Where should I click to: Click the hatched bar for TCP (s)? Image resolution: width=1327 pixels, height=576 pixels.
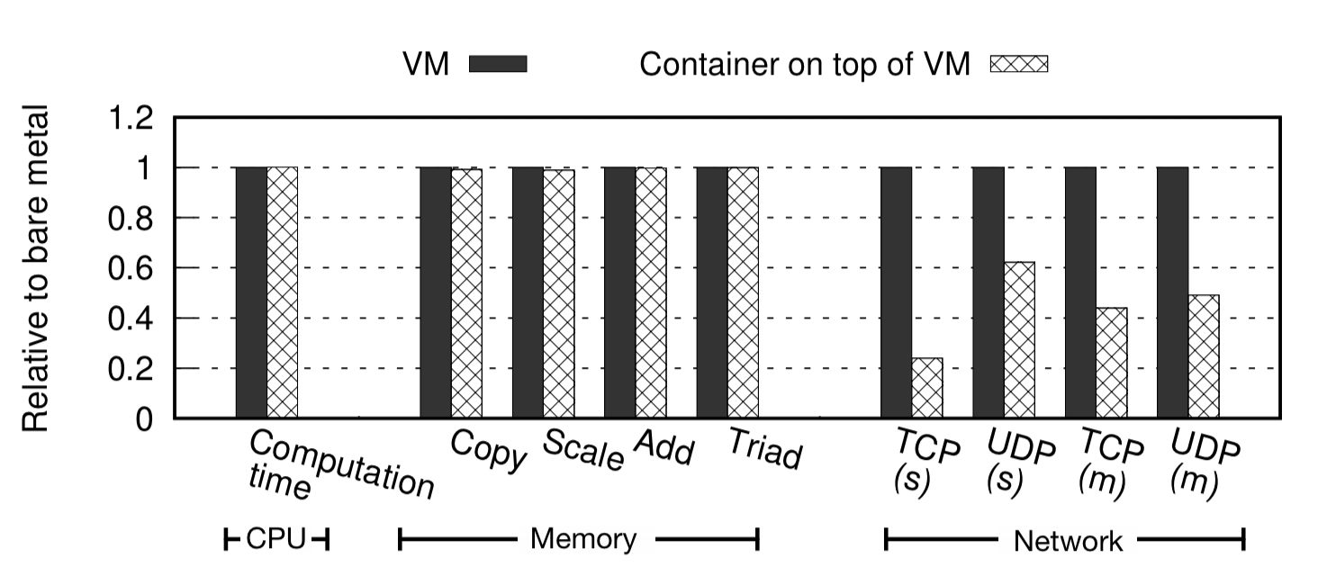pyautogui.click(x=927, y=388)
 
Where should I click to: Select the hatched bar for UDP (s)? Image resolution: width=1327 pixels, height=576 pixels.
pyautogui.click(x=1019, y=340)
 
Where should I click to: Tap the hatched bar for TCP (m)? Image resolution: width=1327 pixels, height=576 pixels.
pyautogui.click(x=1111, y=363)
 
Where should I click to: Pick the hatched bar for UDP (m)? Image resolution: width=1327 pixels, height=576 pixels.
pyautogui.click(x=1203, y=356)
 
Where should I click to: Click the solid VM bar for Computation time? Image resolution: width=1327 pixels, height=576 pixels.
pyautogui.click(x=251, y=292)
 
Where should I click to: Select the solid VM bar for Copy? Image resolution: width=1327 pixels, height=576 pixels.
pyautogui.click(x=436, y=292)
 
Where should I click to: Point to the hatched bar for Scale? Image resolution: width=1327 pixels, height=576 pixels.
pyautogui.click(x=558, y=294)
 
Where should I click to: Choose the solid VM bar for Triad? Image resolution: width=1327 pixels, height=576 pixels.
pyautogui.click(x=712, y=292)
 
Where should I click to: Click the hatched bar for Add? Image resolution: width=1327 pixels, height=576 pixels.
pyautogui.click(x=651, y=292)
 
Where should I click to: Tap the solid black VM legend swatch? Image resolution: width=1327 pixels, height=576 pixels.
pyautogui.click(x=498, y=64)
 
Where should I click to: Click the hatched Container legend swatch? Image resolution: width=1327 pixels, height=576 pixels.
pyautogui.click(x=1019, y=64)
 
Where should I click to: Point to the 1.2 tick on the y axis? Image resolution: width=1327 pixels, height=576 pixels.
pyautogui.click(x=131, y=118)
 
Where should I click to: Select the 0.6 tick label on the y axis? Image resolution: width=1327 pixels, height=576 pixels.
pyautogui.click(x=131, y=268)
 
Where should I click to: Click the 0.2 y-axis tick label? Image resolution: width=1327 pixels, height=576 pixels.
pyautogui.click(x=131, y=369)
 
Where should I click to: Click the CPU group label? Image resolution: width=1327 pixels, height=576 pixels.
pyautogui.click(x=276, y=540)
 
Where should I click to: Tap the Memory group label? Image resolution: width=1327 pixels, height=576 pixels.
pyautogui.click(x=582, y=540)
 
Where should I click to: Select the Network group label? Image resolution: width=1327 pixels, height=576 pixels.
pyautogui.click(x=1068, y=542)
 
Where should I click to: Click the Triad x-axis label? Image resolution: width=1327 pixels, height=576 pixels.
pyautogui.click(x=763, y=450)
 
